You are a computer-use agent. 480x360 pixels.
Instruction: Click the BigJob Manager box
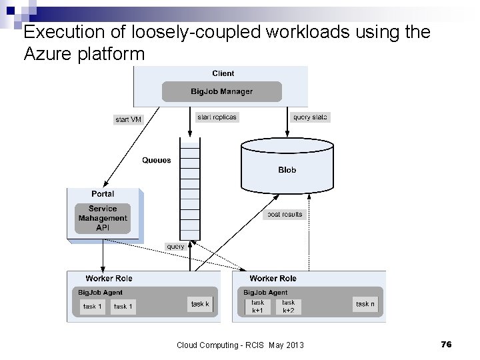pyautogui.click(x=221, y=91)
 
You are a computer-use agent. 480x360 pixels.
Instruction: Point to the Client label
pyautogui.click(x=223, y=73)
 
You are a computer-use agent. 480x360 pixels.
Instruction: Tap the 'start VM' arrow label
pyautogui.click(x=128, y=120)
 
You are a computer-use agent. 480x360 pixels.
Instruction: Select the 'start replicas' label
pyautogui.click(x=217, y=117)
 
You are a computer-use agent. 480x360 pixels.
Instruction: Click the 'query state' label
pyautogui.click(x=310, y=117)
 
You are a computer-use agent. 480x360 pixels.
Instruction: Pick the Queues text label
pyautogui.click(x=157, y=161)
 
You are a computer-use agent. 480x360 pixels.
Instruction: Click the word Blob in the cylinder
pyautogui.click(x=287, y=170)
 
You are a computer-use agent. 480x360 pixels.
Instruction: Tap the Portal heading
pyautogui.click(x=103, y=194)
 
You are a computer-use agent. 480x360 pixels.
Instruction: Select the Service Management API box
pyautogui.click(x=103, y=218)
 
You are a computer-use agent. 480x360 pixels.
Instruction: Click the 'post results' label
pyautogui.click(x=285, y=215)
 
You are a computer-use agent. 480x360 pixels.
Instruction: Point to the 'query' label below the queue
pyautogui.click(x=176, y=247)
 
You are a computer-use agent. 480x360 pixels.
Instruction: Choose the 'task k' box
pyautogui.click(x=200, y=304)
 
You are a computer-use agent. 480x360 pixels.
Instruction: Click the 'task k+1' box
pyautogui.click(x=258, y=307)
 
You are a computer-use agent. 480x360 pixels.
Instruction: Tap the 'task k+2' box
pyautogui.click(x=289, y=307)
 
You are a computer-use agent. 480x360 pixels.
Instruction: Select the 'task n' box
pyautogui.click(x=365, y=304)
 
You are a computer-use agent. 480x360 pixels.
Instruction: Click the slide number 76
pyautogui.click(x=446, y=345)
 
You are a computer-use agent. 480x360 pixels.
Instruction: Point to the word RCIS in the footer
pyautogui.click(x=255, y=345)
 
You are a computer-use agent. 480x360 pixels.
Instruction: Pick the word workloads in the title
pyautogui.click(x=307, y=32)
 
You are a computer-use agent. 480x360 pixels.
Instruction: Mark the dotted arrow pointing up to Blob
pyautogui.click(x=309, y=233)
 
